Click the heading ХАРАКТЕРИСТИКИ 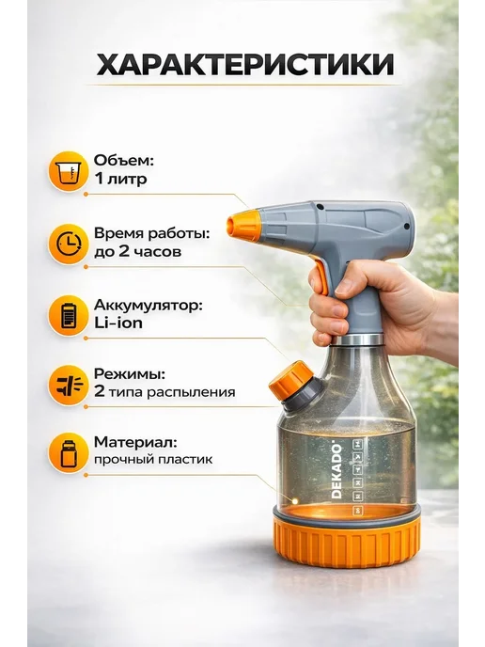(x=245, y=65)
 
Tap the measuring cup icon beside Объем (x=68, y=171)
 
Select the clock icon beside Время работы (x=68, y=245)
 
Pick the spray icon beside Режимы (x=68, y=385)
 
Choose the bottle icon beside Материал (x=68, y=452)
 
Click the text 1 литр (x=120, y=179)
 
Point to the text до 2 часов (x=137, y=252)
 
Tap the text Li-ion (x=118, y=323)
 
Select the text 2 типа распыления (x=164, y=391)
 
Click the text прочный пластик (x=153, y=459)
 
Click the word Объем (x=124, y=161)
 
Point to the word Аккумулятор (x=149, y=306)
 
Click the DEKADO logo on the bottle (x=336, y=471)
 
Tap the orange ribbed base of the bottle (x=347, y=541)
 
